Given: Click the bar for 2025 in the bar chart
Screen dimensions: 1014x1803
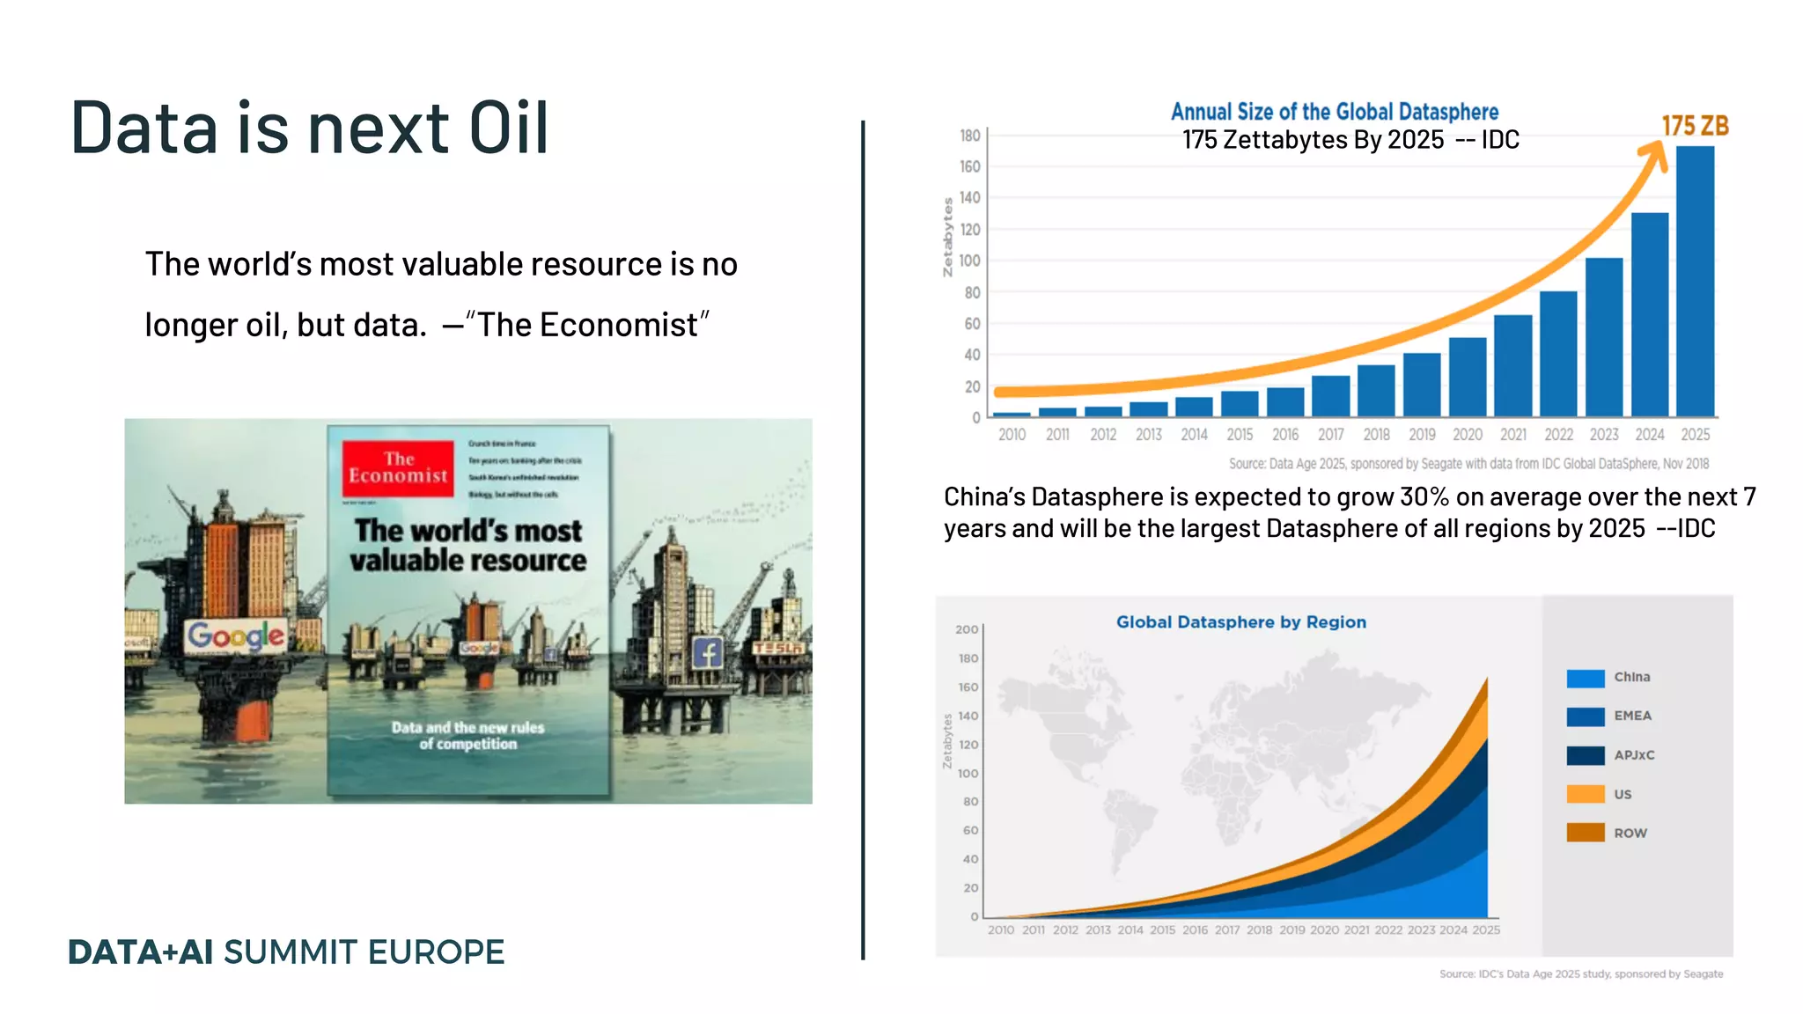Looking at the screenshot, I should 1695,282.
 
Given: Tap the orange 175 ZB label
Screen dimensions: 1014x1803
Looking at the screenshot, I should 1695,126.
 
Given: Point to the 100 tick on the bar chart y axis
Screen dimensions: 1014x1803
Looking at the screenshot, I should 969,261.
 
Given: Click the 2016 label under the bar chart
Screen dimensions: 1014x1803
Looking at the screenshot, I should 1285,435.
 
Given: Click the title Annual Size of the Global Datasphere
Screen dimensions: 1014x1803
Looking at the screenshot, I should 1334,112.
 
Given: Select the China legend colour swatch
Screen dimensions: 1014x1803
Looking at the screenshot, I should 1586,678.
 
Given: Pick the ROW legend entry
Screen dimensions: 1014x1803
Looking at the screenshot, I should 1630,833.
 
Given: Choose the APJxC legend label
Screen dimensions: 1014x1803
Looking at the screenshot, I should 1634,755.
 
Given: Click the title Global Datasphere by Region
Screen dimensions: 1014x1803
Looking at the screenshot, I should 1240,622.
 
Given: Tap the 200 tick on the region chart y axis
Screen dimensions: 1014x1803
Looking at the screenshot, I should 967,629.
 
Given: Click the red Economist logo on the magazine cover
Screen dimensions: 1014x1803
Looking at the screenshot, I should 398,468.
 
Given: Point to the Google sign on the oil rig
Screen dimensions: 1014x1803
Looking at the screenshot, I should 236,636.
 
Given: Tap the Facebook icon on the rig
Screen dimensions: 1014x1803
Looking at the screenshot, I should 708,652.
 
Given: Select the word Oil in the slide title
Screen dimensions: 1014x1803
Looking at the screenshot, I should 508,129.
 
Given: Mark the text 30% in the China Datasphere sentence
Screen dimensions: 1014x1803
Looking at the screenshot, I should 1424,497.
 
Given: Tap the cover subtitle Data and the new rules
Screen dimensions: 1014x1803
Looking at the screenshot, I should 467,728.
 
